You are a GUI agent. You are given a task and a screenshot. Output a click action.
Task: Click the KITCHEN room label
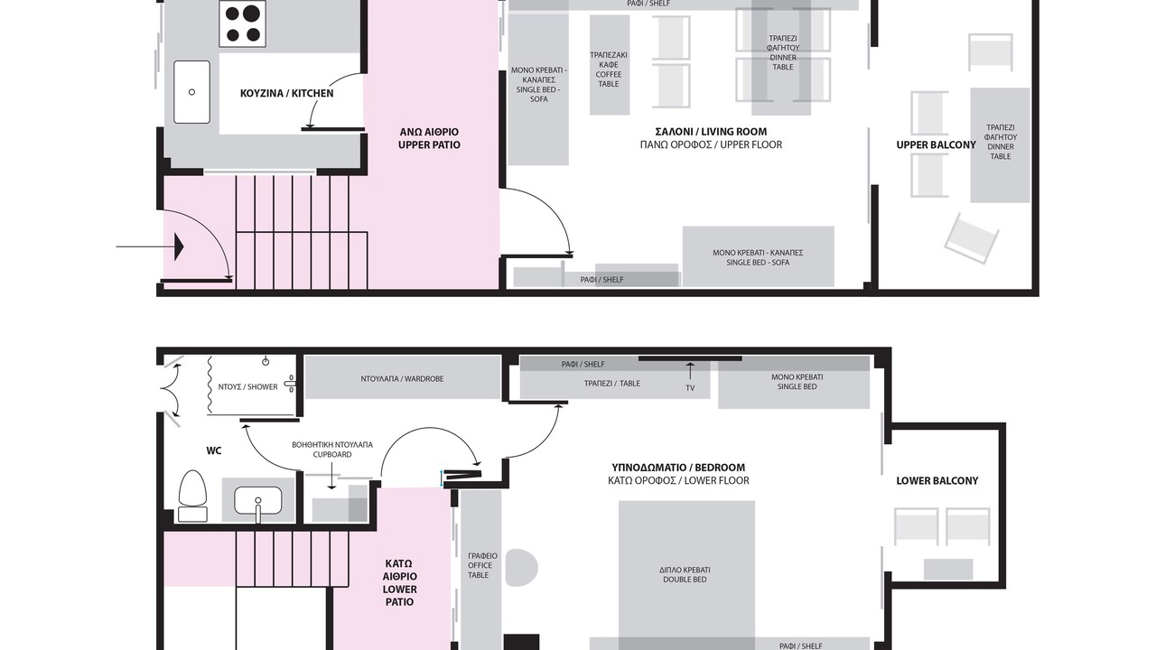(286, 93)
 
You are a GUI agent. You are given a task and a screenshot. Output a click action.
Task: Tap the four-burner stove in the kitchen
(243, 23)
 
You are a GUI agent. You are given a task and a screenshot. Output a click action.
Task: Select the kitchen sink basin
(192, 92)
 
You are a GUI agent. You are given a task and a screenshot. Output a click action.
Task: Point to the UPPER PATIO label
(429, 138)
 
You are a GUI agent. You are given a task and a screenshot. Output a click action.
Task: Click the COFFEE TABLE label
(609, 70)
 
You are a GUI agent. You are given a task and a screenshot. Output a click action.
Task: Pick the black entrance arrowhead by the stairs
(179, 246)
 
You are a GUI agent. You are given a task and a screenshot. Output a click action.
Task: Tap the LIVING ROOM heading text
(711, 132)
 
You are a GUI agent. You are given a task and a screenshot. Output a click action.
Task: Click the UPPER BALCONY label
(937, 145)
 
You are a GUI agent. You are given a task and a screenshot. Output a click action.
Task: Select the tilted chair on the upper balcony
(971, 238)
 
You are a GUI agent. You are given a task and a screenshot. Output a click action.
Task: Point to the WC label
(214, 450)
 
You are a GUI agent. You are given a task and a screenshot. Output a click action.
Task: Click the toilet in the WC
(192, 496)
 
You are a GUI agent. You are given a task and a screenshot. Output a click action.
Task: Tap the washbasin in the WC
(258, 501)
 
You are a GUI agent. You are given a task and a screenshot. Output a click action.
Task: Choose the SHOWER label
(247, 387)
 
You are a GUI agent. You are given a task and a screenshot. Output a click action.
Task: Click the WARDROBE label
(402, 378)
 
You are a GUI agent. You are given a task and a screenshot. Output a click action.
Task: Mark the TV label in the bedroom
(690, 388)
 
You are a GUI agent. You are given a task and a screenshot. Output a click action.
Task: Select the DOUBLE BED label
(685, 575)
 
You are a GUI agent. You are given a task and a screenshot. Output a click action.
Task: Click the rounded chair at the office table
(522, 568)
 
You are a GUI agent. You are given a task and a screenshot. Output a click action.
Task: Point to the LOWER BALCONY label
(937, 481)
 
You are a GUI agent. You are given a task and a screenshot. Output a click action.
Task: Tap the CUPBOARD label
(332, 450)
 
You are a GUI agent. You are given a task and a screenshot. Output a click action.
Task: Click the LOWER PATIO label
(400, 582)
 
